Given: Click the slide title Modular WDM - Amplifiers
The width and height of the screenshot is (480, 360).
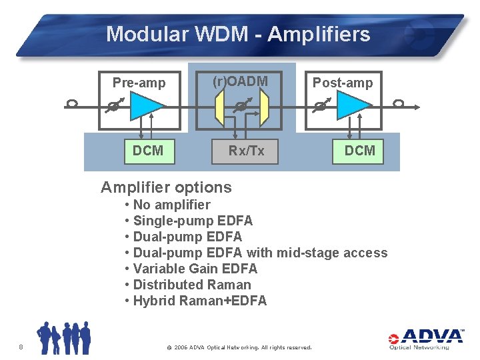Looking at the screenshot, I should [x=238, y=34].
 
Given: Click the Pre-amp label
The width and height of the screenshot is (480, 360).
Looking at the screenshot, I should [x=139, y=83].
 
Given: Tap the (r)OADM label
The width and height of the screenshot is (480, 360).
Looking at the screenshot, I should [x=240, y=81].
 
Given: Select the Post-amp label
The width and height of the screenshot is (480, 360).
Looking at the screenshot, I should [x=343, y=83].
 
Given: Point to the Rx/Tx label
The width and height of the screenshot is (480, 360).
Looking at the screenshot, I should [x=246, y=151].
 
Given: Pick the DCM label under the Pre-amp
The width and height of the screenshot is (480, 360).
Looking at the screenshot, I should [x=147, y=151].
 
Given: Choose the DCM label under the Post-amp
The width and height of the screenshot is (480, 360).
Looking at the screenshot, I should [x=359, y=151].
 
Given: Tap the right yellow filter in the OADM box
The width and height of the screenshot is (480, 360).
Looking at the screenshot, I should [x=263, y=107].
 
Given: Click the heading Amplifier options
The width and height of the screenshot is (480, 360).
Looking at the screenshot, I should [x=166, y=187].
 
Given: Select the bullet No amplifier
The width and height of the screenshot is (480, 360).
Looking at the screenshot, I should [x=171, y=205].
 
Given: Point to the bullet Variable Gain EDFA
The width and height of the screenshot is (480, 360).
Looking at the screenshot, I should [x=195, y=269].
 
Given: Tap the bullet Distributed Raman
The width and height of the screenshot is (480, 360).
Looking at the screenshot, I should [x=192, y=285].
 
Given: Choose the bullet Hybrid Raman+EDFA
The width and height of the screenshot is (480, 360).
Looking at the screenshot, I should [x=199, y=301].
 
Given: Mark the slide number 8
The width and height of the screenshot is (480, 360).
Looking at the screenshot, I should [x=21, y=347].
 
